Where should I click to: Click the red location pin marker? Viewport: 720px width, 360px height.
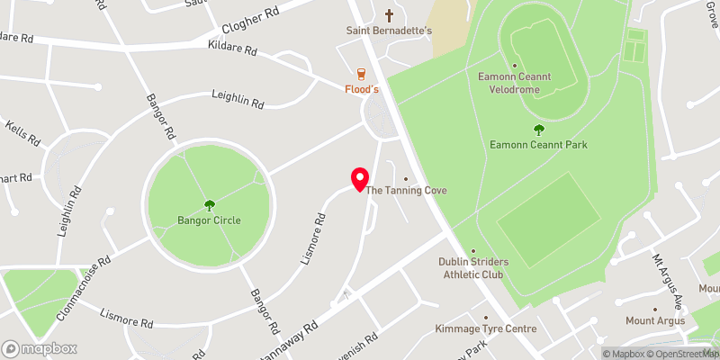point(359,179)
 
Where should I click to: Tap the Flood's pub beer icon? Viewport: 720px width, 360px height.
point(362,73)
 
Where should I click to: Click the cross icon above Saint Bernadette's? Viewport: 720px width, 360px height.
point(390,14)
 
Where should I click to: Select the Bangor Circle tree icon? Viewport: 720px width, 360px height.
point(210,204)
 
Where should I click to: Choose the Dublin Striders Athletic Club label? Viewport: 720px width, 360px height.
point(473,267)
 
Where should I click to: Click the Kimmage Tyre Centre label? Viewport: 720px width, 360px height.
point(485,328)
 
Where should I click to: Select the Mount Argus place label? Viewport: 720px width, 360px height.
point(655,321)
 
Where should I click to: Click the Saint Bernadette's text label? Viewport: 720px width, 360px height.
point(391,31)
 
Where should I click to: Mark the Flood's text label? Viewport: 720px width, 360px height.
point(362,89)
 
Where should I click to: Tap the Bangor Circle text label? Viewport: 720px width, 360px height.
point(210,220)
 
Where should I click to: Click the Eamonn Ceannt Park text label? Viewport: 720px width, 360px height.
point(539,145)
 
